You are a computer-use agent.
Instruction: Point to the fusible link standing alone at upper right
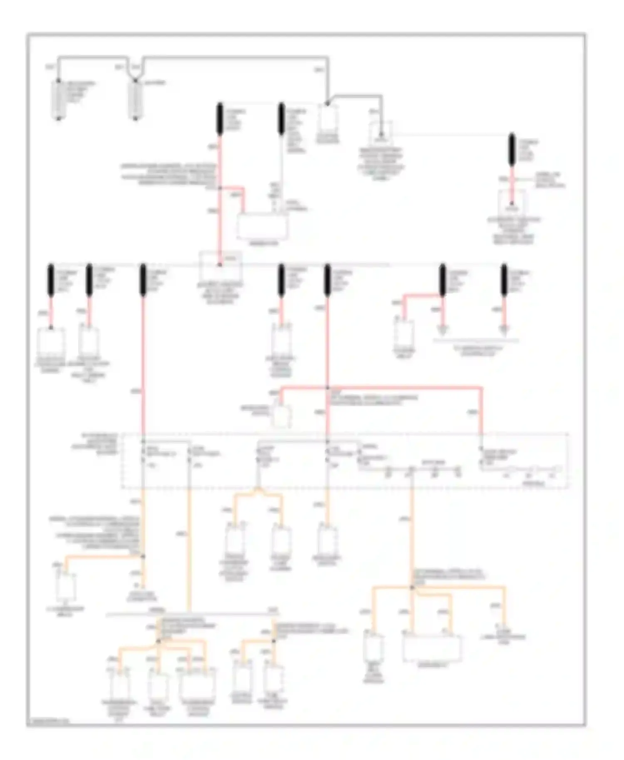pyautogui.click(x=512, y=149)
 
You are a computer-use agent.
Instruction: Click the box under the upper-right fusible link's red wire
pyautogui.click(x=512, y=204)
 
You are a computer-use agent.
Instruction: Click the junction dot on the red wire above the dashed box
pyautogui.click(x=328, y=388)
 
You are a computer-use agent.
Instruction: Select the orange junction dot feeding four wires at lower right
pyautogui.click(x=412, y=587)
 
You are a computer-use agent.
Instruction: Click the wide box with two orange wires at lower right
pyautogui.click(x=432, y=648)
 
